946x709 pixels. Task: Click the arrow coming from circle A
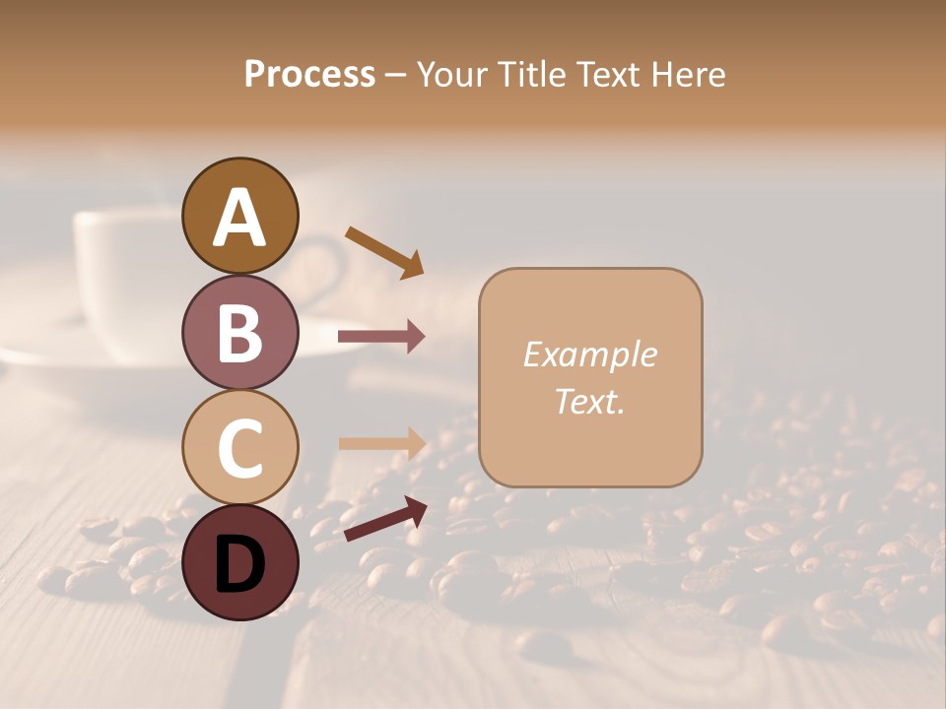tap(384, 252)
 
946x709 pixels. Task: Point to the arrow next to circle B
tap(381, 337)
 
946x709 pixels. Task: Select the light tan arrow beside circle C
tap(381, 443)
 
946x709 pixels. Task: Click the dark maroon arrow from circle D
tap(385, 518)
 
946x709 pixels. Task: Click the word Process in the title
tap(309, 75)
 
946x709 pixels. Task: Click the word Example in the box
tap(589, 354)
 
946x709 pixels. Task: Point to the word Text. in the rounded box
tap(589, 401)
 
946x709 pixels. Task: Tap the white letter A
tap(239, 218)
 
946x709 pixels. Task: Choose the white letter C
tap(239, 448)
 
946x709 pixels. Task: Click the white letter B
tap(239, 333)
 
